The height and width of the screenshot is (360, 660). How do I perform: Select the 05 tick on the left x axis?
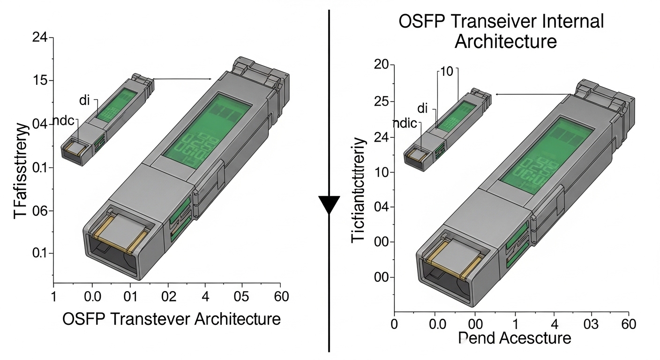(x=242, y=297)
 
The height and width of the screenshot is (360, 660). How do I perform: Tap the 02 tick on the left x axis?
(x=168, y=297)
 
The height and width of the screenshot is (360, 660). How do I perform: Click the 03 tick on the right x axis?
(x=592, y=324)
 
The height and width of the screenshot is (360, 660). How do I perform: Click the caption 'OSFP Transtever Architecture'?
(x=171, y=319)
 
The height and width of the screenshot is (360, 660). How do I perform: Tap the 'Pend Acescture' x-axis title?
(x=514, y=338)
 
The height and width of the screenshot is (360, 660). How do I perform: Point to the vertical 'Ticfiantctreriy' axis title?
(x=358, y=190)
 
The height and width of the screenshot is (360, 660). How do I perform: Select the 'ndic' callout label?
(x=404, y=124)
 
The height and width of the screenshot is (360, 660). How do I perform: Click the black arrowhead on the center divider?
(x=329, y=205)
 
